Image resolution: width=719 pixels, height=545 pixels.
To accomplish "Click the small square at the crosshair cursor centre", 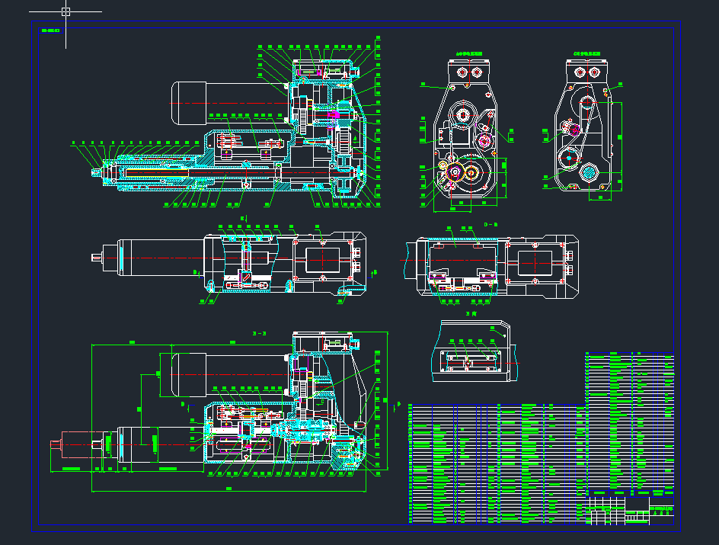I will coord(66,11).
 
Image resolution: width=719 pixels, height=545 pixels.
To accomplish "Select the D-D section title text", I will coord(491,224).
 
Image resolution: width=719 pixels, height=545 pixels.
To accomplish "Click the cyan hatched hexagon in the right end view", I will coord(589,172).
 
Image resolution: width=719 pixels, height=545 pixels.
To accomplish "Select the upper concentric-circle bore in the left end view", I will coord(462,115).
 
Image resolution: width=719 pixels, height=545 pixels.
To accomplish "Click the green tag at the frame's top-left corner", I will coord(50,30).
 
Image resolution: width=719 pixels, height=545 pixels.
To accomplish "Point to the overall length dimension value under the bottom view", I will coord(228,488).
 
